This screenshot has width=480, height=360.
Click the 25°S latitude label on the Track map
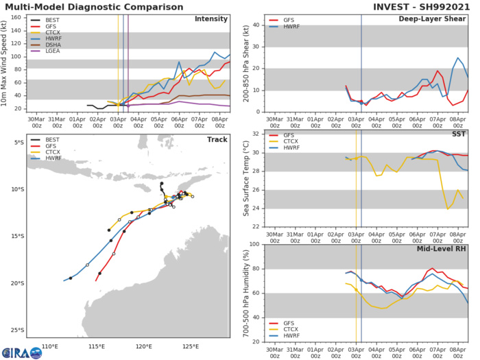click(x=16, y=331)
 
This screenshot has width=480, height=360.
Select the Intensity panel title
click(x=213, y=19)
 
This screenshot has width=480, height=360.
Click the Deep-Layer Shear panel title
click(x=435, y=19)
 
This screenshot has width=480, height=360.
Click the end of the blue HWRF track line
click(x=64, y=280)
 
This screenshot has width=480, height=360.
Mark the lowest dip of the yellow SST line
click(x=447, y=208)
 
